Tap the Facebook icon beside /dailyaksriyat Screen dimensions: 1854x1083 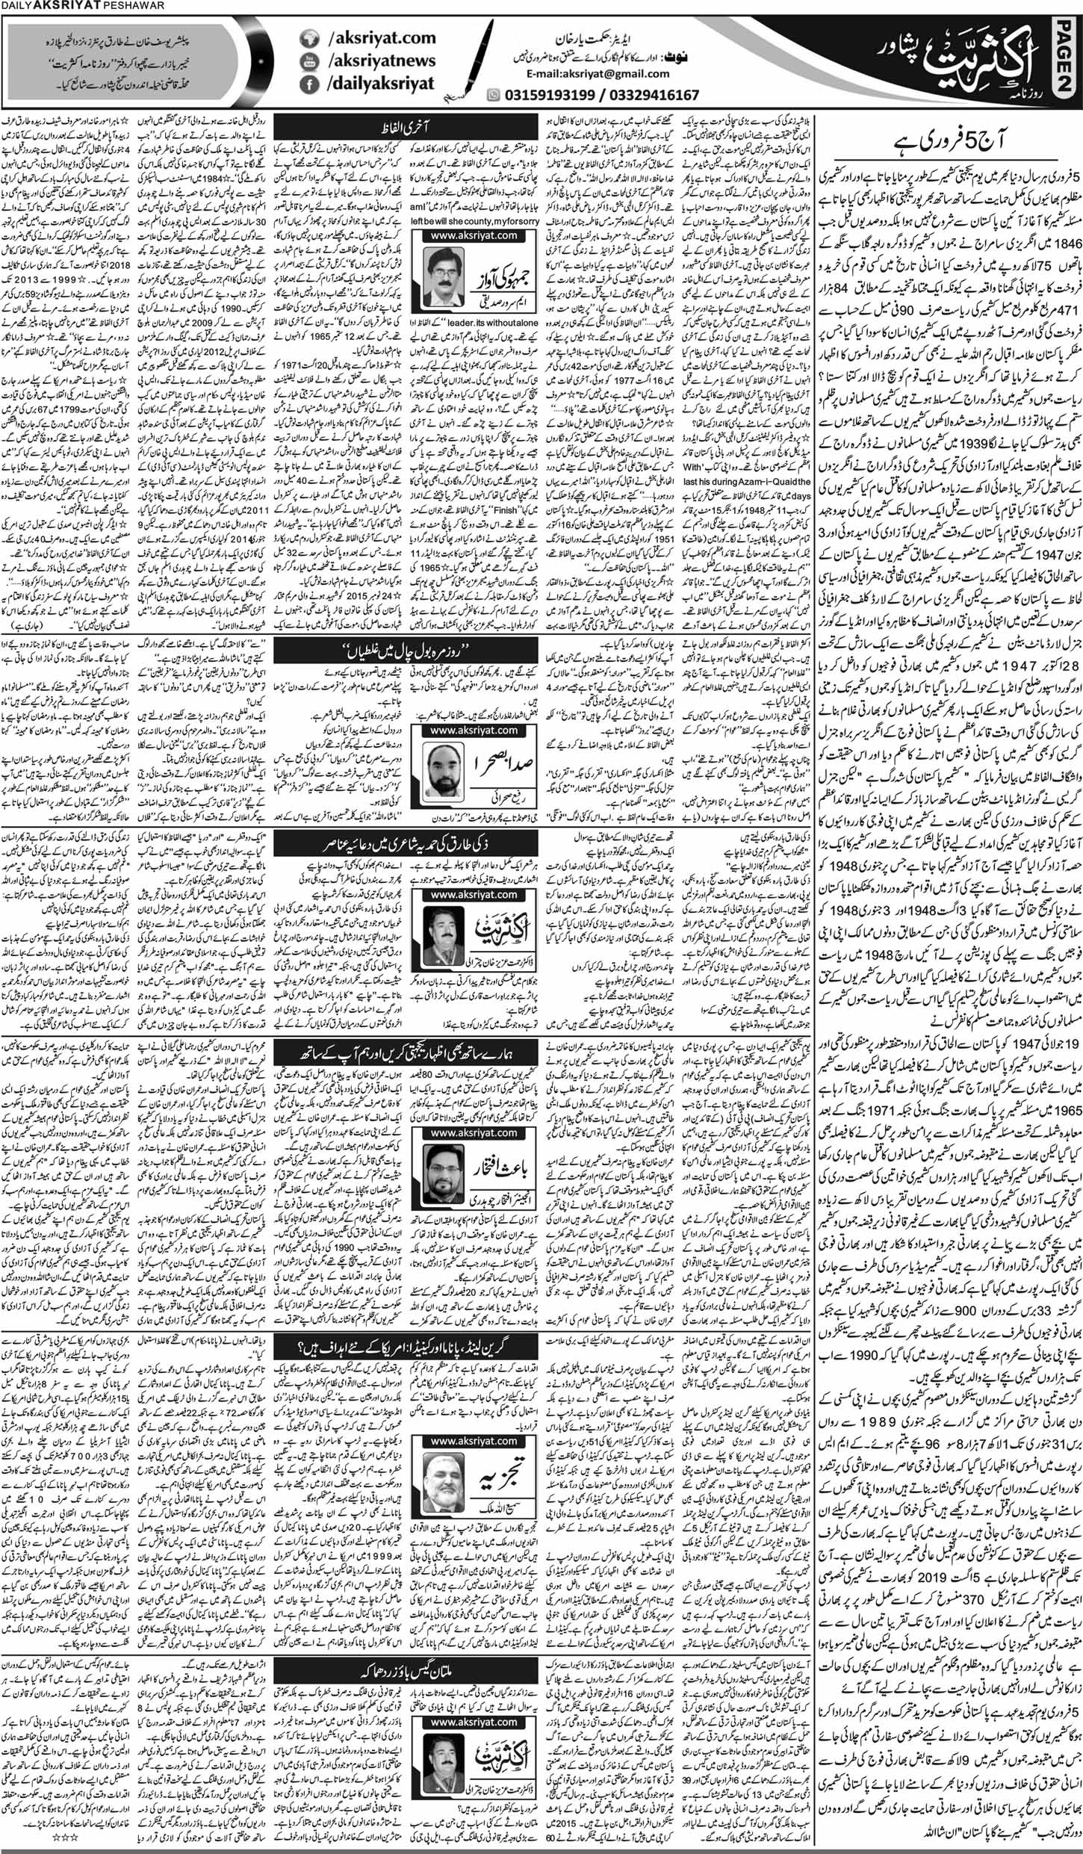pos(306,84)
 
